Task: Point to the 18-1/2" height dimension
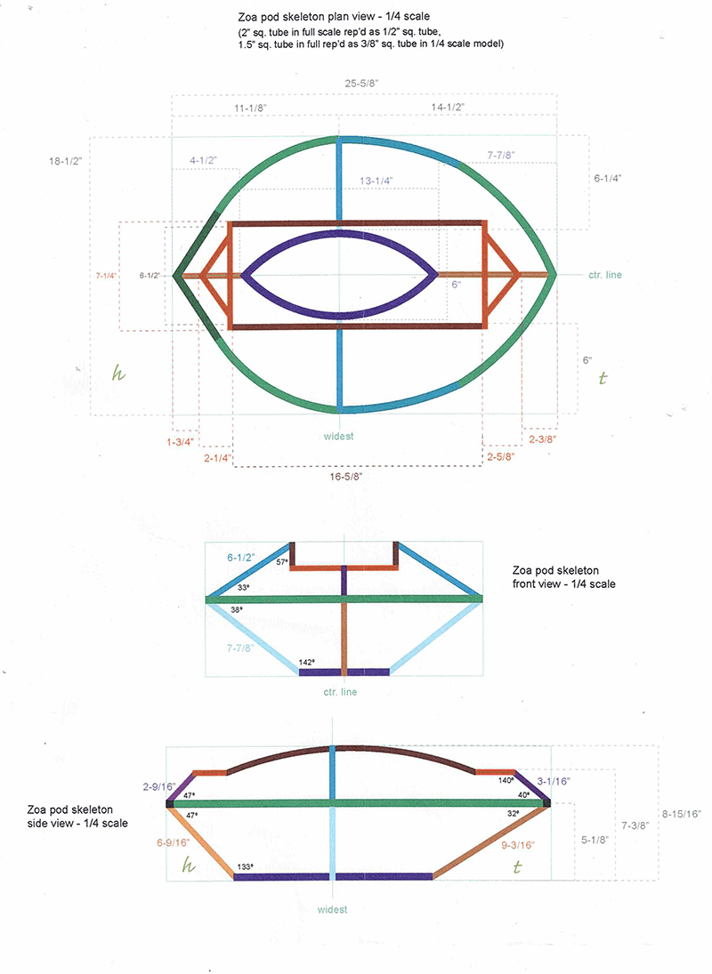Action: click(x=69, y=162)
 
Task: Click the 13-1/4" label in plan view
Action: click(x=376, y=180)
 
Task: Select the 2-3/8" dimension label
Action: click(x=543, y=439)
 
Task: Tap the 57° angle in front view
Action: click(x=282, y=562)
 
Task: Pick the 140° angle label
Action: click(x=506, y=779)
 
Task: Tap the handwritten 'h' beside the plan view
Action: click(x=116, y=374)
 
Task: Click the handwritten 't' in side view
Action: click(x=516, y=865)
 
